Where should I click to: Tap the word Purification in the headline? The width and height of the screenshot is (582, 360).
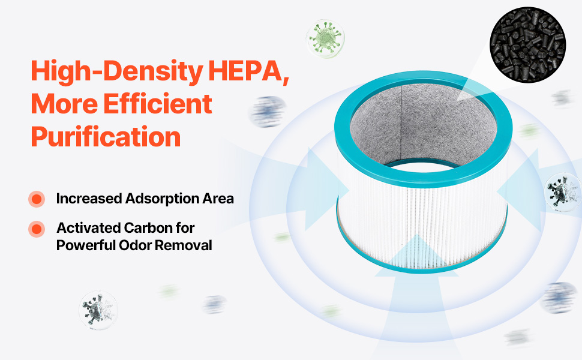pyautogui.click(x=106, y=137)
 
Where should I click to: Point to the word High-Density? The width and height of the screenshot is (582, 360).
pyautogui.click(x=117, y=71)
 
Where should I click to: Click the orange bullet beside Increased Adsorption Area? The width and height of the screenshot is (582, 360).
pyautogui.click(x=37, y=199)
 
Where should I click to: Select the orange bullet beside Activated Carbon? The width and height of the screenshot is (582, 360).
pyautogui.click(x=37, y=229)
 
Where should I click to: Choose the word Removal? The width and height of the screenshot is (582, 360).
pyautogui.click(x=183, y=245)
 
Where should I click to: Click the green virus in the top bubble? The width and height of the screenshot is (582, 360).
pyautogui.click(x=325, y=38)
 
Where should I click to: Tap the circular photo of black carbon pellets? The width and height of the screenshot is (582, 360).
pyautogui.click(x=527, y=45)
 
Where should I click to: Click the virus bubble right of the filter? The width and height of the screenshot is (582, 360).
pyautogui.click(x=563, y=192)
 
